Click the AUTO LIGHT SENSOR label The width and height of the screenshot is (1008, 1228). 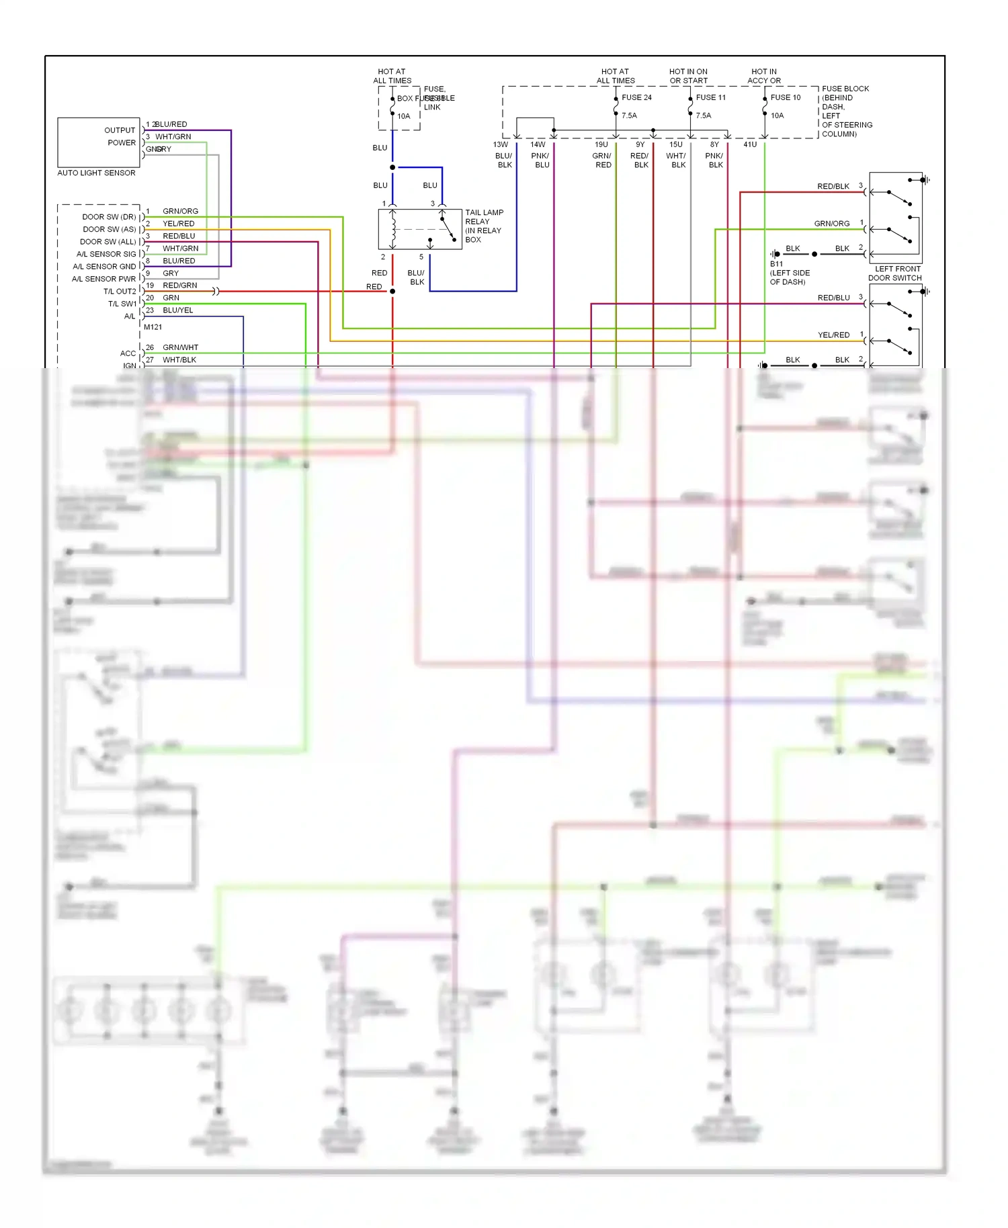coord(96,173)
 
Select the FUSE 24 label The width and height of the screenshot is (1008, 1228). coord(636,97)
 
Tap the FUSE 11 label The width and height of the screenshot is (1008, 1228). coord(711,97)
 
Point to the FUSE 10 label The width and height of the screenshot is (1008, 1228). coord(786,97)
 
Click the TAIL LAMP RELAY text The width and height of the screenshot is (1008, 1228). coord(484,217)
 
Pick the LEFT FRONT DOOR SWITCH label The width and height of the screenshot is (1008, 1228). coord(895,273)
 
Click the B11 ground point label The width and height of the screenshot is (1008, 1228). coord(776,264)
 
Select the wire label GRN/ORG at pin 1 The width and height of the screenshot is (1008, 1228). coord(180,211)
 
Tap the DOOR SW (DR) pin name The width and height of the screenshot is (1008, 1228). coord(109,217)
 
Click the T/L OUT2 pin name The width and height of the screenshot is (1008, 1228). coord(120,292)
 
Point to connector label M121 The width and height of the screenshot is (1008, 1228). coord(153,327)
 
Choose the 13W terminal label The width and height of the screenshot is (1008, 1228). coord(501,144)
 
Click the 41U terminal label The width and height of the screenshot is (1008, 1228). coord(750,144)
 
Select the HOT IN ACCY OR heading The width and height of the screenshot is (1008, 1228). coord(764,76)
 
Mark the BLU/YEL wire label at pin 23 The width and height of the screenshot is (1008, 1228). coord(178,310)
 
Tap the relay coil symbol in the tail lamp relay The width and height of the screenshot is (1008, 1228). coord(393,229)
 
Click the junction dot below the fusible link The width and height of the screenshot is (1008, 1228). coord(392,167)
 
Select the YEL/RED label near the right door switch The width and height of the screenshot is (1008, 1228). coord(833,335)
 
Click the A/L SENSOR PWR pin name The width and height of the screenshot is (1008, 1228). coord(103,279)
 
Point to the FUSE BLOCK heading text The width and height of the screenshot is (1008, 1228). coord(845,89)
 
